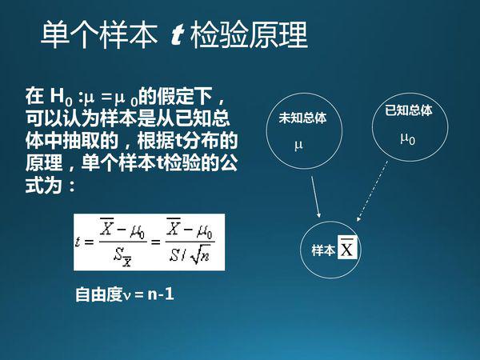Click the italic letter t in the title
pyautogui.click(x=177, y=35)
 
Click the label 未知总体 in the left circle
pyautogui.click(x=302, y=118)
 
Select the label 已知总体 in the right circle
pyautogui.click(x=409, y=110)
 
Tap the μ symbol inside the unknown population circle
pyautogui.click(x=298, y=146)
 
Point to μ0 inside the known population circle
pyautogui.click(x=408, y=138)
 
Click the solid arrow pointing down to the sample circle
pyautogui.click(x=316, y=197)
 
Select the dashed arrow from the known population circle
pyautogui.click(x=372, y=191)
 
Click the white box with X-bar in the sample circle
pyautogui.click(x=347, y=248)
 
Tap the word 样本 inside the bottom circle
pyautogui.click(x=323, y=250)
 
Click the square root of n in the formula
pyautogui.click(x=200, y=254)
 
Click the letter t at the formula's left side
pyautogui.click(x=78, y=242)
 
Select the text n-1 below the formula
pyautogui.click(x=161, y=294)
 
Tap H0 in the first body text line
pyautogui.click(x=62, y=97)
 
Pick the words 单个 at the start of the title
pyautogui.click(x=70, y=35)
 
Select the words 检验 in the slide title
pyautogui.click(x=219, y=35)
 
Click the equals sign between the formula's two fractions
pyautogui.click(x=155, y=242)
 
